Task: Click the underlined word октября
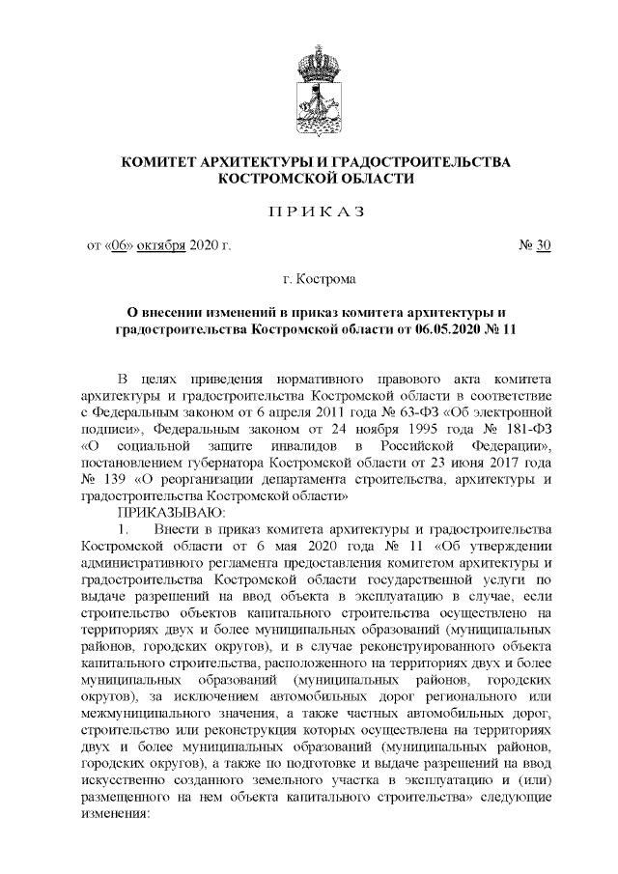[160, 245]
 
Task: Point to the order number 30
[543, 245]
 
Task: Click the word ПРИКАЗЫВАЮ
[171, 511]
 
